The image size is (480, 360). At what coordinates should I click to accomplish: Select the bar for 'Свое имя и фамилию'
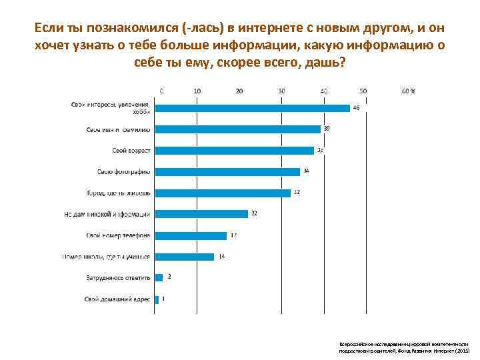click(238, 129)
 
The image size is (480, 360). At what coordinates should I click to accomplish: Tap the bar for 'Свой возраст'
click(235, 151)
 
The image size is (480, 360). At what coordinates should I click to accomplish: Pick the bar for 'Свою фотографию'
click(227, 172)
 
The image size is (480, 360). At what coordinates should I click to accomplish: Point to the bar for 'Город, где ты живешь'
click(223, 193)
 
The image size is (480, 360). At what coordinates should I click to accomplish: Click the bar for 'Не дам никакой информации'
click(201, 214)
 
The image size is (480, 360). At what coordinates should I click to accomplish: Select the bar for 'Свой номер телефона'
click(191, 235)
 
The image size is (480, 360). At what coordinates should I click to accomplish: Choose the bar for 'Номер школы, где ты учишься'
click(185, 257)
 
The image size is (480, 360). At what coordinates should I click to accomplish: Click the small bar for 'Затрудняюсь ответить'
click(159, 278)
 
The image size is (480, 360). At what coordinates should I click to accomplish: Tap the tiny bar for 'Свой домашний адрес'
click(157, 299)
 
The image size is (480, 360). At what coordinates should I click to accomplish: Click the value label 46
click(356, 108)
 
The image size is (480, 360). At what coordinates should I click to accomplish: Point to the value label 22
click(254, 214)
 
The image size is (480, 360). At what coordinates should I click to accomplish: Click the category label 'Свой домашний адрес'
click(118, 299)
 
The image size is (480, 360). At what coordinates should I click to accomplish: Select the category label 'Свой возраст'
click(131, 151)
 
